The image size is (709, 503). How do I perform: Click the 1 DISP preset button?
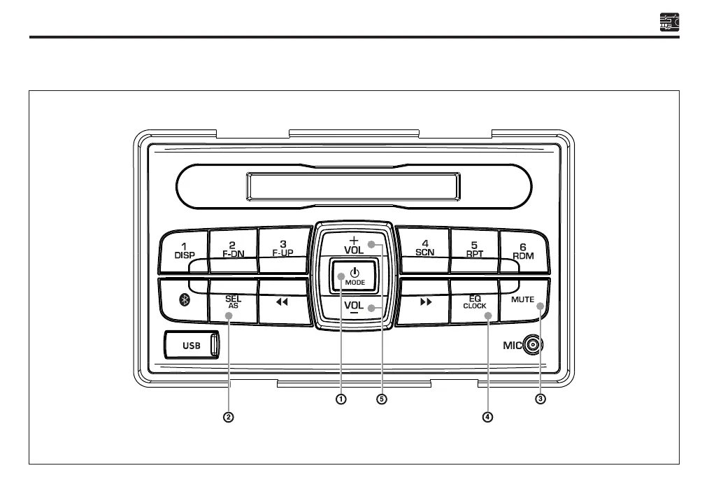coord(184,250)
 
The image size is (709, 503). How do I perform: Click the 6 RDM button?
coord(523,250)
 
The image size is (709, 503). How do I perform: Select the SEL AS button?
coord(233,302)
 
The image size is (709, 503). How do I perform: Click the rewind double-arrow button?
coord(282,302)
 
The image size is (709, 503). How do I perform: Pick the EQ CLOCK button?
coord(474,302)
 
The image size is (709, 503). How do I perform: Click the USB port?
coord(192,345)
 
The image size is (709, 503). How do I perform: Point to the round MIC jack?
coord(534,344)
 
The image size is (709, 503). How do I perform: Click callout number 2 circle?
coord(228,417)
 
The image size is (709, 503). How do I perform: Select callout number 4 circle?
coord(487,417)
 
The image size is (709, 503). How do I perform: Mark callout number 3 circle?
coord(540,399)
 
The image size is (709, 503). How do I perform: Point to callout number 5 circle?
coord(381,399)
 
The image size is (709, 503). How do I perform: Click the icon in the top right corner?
coord(669,22)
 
